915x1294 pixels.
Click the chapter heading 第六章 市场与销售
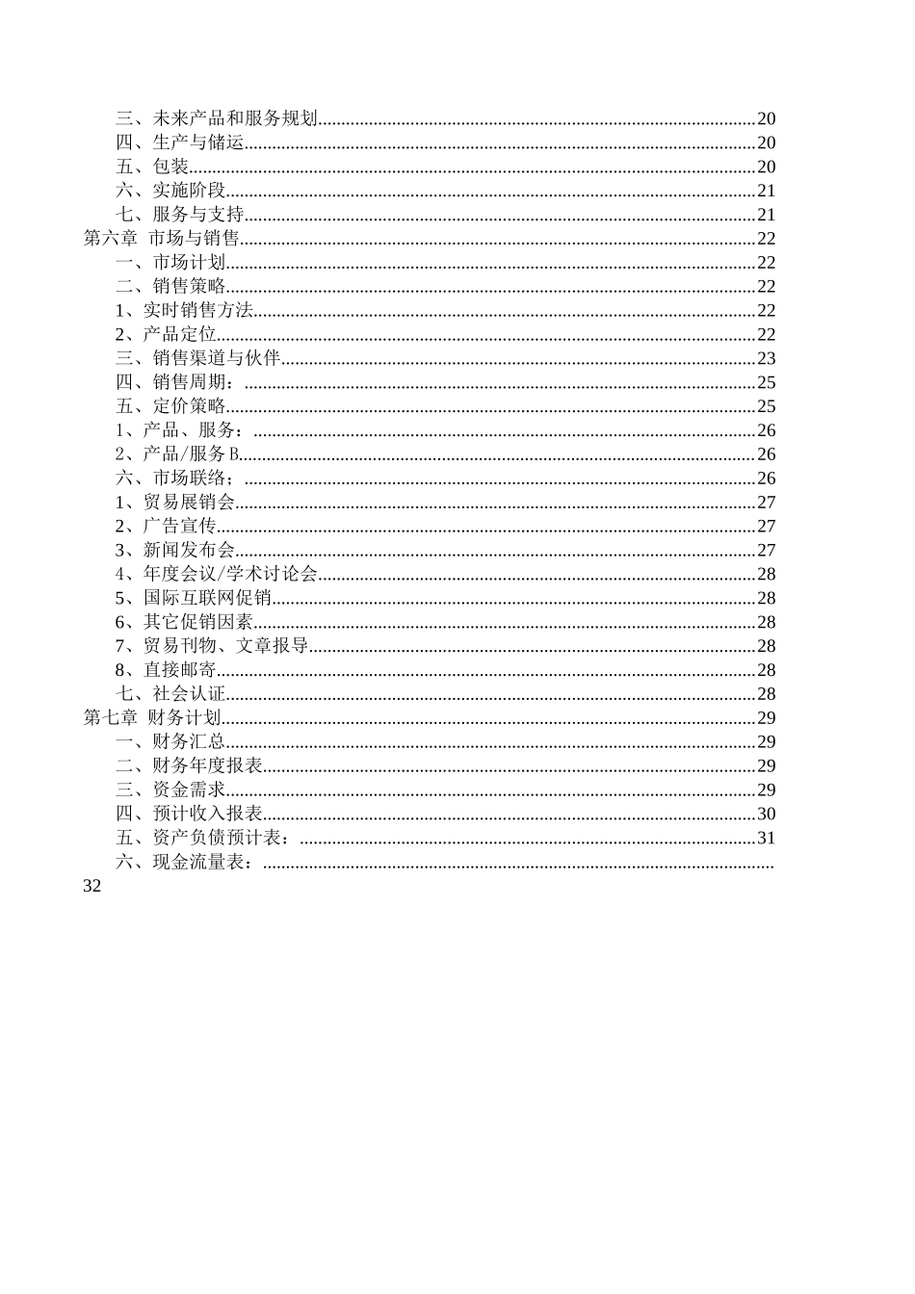pyautogui.click(x=162, y=239)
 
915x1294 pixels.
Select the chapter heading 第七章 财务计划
pyautogui.click(x=153, y=717)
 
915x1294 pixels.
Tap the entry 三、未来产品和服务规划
pyautogui.click(x=217, y=118)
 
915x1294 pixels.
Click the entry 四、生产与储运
pyautogui.click(x=180, y=142)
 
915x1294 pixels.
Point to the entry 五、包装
pyautogui.click(x=152, y=167)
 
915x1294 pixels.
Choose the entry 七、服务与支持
pyautogui.click(x=180, y=215)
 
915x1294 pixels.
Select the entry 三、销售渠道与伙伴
pyautogui.click(x=198, y=358)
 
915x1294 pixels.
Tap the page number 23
pyautogui.click(x=766, y=358)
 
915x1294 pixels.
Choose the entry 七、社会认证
pyautogui.click(x=170, y=693)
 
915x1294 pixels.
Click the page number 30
pyautogui.click(x=766, y=814)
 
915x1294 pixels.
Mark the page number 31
pyautogui.click(x=766, y=838)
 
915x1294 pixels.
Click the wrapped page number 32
pyautogui.click(x=92, y=886)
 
